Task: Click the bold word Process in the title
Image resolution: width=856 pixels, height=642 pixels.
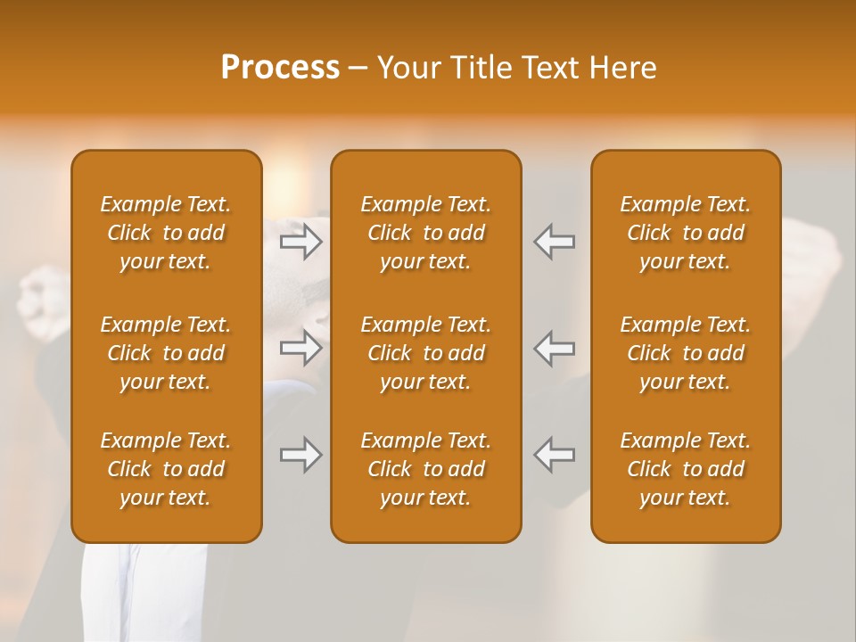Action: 280,68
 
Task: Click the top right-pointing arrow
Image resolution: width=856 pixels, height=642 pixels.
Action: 301,242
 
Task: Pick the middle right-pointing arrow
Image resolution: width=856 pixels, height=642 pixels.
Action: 301,348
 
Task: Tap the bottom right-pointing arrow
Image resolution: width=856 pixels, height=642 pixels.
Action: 301,455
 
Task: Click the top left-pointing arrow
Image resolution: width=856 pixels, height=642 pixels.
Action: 554,242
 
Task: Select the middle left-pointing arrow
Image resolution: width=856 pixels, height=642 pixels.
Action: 554,348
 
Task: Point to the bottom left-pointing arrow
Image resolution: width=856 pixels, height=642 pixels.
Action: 554,455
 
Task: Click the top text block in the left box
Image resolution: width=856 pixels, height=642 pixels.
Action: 166,233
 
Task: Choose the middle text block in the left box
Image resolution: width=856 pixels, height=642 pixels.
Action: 166,353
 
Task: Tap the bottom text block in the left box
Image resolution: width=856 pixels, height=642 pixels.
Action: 166,469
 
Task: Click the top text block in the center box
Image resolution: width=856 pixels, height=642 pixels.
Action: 425,233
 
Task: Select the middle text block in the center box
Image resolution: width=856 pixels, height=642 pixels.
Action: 425,353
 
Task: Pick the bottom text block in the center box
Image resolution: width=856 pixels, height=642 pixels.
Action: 425,469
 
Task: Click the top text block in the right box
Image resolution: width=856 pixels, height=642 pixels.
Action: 686,233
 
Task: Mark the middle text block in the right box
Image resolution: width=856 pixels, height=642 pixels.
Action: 686,353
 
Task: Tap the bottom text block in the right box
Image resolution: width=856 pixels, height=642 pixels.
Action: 686,469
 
